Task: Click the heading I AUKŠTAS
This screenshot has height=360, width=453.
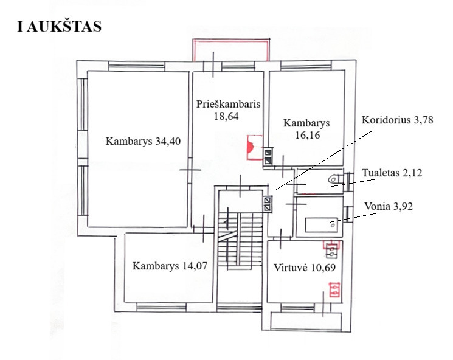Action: pos(59,26)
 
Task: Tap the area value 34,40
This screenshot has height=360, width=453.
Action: pos(168,141)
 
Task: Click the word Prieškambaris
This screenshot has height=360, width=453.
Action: pos(228,104)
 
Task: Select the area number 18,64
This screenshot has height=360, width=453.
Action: pos(226,116)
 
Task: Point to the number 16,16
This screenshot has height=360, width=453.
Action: pos(308,135)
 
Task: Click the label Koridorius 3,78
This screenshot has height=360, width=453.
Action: pos(397,120)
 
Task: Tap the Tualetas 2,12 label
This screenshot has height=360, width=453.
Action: pos(392,173)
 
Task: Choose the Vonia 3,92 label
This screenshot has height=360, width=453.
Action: pos(389,206)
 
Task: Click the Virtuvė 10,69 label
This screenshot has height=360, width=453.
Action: pos(305,268)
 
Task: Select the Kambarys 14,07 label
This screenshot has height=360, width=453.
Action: pos(170,266)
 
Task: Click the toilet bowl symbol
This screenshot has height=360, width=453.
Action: pos(334,179)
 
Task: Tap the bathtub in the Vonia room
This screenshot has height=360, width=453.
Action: pos(322,225)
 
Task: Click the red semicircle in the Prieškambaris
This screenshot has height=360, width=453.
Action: pos(250,147)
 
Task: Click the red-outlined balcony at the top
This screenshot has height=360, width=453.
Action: pos(231,50)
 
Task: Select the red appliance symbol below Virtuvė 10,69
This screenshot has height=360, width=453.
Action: pos(334,290)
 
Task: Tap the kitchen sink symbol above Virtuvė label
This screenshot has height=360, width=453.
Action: pos(331,251)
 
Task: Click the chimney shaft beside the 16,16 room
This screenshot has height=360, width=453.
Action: pos(268,157)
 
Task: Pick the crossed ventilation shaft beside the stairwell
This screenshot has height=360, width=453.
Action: pos(268,204)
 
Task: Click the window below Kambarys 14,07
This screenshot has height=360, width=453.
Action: pos(161,307)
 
